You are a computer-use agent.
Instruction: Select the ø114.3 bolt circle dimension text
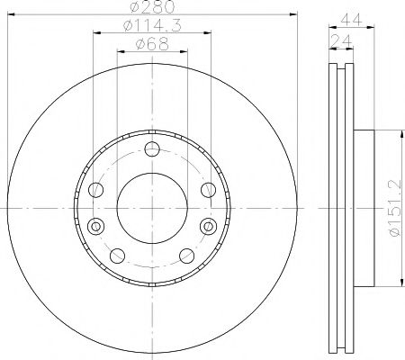[x=151, y=29]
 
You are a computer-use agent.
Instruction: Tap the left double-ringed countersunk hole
[x=96, y=224]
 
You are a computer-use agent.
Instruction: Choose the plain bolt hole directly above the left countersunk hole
[x=96, y=189]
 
